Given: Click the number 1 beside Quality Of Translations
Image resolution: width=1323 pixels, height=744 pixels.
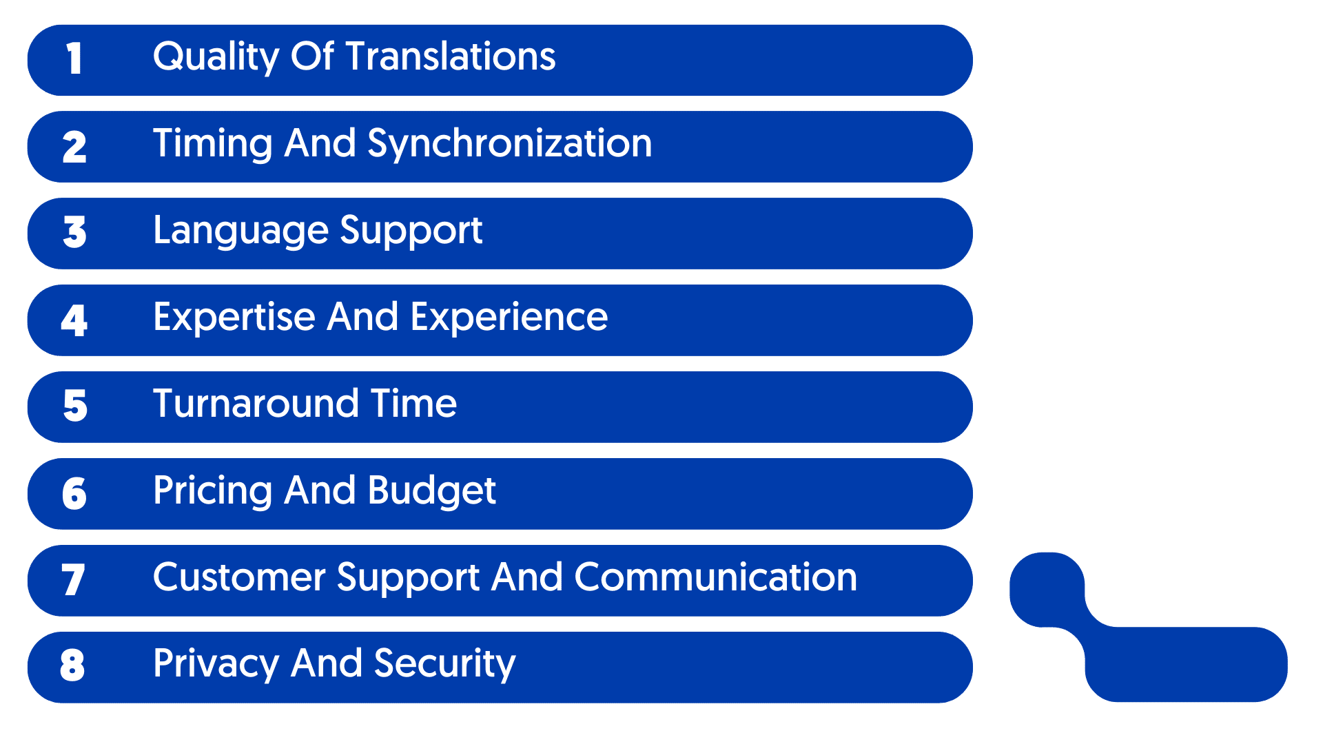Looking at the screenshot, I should pos(74,59).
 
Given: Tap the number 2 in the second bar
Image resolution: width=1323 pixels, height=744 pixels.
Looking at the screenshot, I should pos(74,147).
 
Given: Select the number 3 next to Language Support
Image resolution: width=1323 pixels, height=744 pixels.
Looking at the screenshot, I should pos(74,233).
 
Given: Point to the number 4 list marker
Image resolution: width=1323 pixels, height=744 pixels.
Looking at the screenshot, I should pos(74,320).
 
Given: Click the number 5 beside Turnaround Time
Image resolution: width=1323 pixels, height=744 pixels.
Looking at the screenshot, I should pos(75,406).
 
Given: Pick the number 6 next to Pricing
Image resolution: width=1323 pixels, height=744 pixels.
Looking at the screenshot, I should pos(74,493).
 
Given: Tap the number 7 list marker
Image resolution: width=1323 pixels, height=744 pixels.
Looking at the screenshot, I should pos(73,579).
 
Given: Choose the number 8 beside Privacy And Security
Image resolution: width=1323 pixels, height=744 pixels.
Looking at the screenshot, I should pos(73,665).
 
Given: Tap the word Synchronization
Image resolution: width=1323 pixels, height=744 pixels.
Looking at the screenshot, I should pos(509,143).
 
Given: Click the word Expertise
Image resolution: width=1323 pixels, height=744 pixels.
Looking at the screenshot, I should pos(234,318).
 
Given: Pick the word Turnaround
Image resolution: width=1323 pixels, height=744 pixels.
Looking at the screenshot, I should pos(256,404).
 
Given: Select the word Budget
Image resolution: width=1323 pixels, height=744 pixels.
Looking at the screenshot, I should pos(431,490).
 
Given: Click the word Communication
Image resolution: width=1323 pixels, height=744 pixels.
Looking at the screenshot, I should pos(716,577).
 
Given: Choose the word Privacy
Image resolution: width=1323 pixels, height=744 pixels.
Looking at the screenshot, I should pos(216,664).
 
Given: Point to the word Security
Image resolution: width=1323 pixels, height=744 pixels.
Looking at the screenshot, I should pos(444,664).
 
